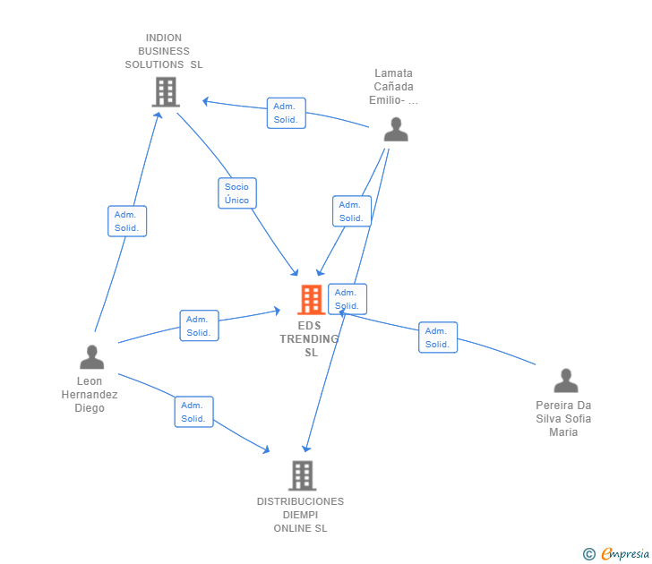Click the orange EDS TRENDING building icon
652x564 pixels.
[311, 299]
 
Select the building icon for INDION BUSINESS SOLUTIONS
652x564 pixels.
[165, 91]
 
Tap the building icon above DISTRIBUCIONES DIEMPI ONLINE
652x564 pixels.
[302, 475]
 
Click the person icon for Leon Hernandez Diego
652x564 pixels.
[91, 357]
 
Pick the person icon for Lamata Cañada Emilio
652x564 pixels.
[395, 130]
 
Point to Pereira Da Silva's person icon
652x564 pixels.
[565, 380]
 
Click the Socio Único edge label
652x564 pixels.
[237, 193]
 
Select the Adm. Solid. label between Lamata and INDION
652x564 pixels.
[286, 113]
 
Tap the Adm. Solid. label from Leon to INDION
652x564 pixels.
[126, 221]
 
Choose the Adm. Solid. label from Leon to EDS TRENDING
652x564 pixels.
[199, 326]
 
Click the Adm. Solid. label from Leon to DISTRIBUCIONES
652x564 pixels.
[193, 412]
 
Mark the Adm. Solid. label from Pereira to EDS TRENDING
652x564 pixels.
[437, 338]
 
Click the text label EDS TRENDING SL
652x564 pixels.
[311, 339]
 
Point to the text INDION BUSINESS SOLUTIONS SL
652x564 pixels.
[164, 51]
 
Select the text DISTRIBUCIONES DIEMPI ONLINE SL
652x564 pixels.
[301, 515]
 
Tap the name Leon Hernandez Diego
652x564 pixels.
[90, 395]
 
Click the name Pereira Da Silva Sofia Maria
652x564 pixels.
[564, 419]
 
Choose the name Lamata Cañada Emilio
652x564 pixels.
[393, 87]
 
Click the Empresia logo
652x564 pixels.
[625, 554]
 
